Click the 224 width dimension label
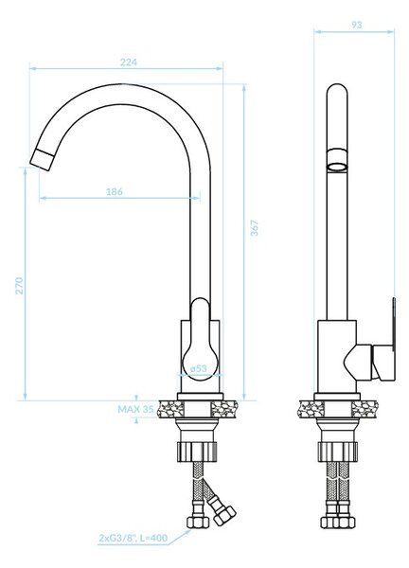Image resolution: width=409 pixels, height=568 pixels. point(129,62)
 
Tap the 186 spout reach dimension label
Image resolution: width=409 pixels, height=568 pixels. point(115,191)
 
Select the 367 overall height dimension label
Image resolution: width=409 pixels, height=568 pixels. point(255,228)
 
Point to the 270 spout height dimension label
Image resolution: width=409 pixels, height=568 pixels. point(19,286)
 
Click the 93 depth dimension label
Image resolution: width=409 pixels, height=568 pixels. point(357,25)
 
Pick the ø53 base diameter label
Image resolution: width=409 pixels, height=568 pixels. point(199,368)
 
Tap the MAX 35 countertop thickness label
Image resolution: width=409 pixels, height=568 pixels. point(135,409)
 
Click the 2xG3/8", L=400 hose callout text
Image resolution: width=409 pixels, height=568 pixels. point(133,538)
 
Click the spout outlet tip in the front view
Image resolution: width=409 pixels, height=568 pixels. point(43,160)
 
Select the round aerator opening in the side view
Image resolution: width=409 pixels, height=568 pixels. point(337,168)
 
